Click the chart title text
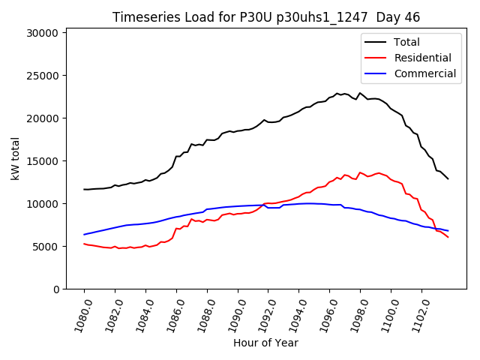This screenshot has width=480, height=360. (x=266, y=17)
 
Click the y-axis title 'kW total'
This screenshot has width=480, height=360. (x=15, y=158)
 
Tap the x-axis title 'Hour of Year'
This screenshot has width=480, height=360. (x=265, y=343)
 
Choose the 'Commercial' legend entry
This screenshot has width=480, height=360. (x=424, y=73)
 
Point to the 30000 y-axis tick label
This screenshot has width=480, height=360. (x=43, y=33)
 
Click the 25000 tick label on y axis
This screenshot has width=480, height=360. (x=43, y=76)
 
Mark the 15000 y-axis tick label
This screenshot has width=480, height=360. (x=43, y=161)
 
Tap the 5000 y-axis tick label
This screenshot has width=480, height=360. (x=46, y=247)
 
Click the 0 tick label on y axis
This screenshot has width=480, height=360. (x=56, y=289)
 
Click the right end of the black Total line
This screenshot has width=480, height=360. (x=448, y=178)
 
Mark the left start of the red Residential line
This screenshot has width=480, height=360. (x=84, y=244)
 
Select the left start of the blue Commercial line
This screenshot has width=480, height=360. (x=84, y=235)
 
